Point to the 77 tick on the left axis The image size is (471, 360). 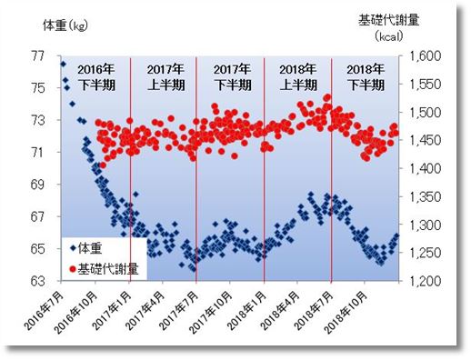[39, 55]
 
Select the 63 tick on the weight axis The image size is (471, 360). [39, 281]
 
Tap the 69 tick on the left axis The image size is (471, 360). [39, 185]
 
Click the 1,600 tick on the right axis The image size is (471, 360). [426, 55]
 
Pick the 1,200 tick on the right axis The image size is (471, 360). [426, 281]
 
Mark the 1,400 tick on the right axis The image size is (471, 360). [426, 168]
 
